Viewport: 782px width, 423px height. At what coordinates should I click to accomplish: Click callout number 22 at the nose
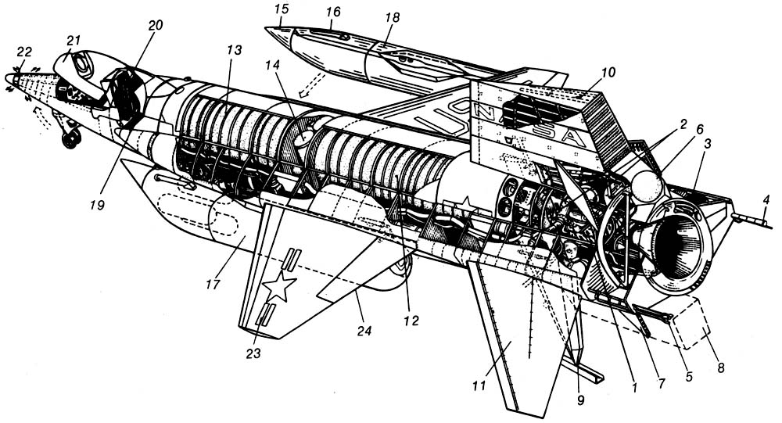[x=24, y=52]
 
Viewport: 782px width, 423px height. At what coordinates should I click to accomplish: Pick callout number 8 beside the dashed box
[x=720, y=368]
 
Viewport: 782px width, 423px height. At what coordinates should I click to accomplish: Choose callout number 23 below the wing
[x=253, y=353]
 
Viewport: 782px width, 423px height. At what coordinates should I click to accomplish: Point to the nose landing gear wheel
[x=72, y=138]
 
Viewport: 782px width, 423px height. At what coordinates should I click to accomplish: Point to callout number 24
[x=364, y=330]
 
